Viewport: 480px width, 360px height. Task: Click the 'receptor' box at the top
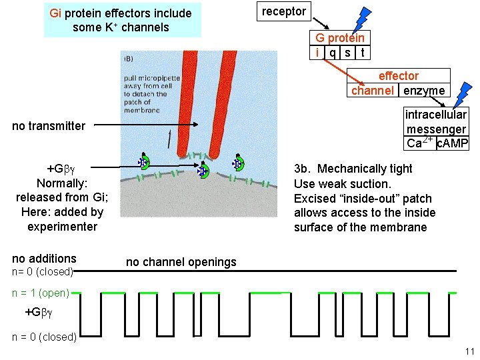tap(283, 11)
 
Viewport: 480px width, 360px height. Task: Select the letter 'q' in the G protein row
tap(333, 52)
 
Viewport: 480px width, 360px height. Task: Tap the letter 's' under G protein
tap(347, 52)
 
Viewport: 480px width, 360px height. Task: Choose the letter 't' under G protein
tap(362, 52)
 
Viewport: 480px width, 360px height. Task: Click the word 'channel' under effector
tap(372, 91)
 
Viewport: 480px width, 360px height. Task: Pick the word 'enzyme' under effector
tap(424, 91)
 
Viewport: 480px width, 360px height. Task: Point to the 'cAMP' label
tap(453, 143)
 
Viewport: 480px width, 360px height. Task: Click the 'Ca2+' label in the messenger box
tap(419, 143)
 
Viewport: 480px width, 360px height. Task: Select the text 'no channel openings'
tap(181, 262)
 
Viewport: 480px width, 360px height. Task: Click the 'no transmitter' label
tap(49, 125)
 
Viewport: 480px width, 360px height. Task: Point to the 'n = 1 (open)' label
tap(41, 293)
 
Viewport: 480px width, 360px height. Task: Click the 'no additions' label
tap(45, 258)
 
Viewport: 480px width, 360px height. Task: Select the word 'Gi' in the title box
tap(56, 13)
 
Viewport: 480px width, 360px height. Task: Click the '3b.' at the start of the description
tap(303, 169)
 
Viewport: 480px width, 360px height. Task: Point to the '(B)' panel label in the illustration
tap(127, 59)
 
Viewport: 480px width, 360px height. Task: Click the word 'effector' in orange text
tap(399, 76)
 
